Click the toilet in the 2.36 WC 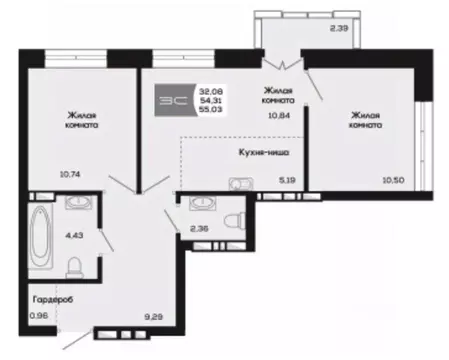[x=232, y=220]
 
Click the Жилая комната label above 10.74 [x=83, y=121]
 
